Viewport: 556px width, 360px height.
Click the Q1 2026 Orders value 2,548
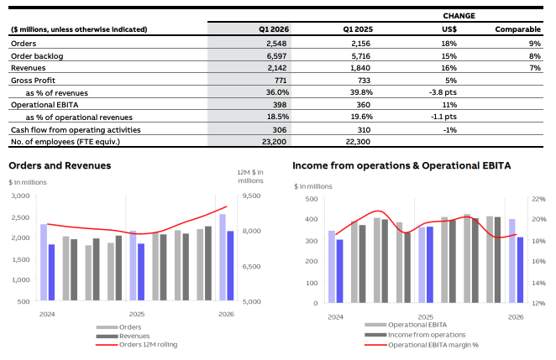[x=277, y=42]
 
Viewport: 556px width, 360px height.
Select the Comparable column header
[x=518, y=29]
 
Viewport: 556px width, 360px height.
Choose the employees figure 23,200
[x=275, y=142]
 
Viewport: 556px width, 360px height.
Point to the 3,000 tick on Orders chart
[x=21, y=196]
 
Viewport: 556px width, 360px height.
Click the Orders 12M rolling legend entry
[x=148, y=344]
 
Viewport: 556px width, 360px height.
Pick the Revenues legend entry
[x=134, y=336]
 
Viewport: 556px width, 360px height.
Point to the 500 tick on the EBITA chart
[x=311, y=199]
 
